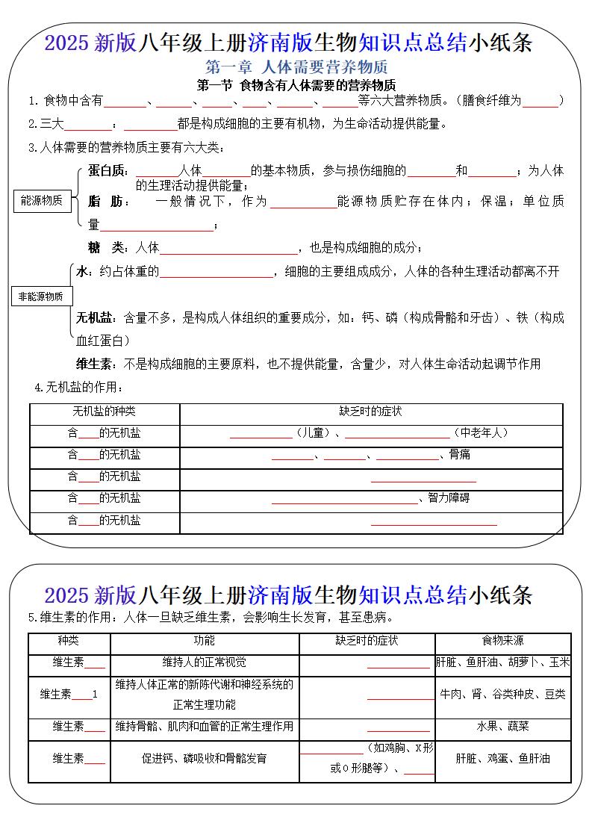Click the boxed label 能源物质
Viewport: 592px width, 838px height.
(x=42, y=201)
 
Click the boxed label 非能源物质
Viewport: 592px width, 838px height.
(x=41, y=297)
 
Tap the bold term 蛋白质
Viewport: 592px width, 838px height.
(x=108, y=171)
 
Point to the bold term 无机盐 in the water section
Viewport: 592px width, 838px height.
(x=94, y=318)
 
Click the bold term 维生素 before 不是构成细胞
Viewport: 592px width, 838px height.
(x=94, y=364)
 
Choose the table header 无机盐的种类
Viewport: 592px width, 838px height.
(x=104, y=412)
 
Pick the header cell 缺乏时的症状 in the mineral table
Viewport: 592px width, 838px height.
(x=370, y=412)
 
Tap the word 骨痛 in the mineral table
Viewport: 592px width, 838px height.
(x=460, y=454)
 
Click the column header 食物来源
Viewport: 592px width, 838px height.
(x=502, y=641)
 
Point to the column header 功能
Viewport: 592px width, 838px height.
(x=204, y=641)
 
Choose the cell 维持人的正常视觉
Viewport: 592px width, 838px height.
(x=204, y=662)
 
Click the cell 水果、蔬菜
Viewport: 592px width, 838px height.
(x=502, y=726)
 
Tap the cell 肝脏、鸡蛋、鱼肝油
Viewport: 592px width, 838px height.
(x=502, y=758)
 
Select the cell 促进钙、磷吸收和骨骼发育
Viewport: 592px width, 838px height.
(x=204, y=758)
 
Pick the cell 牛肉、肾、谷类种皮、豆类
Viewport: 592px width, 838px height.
(x=502, y=694)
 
